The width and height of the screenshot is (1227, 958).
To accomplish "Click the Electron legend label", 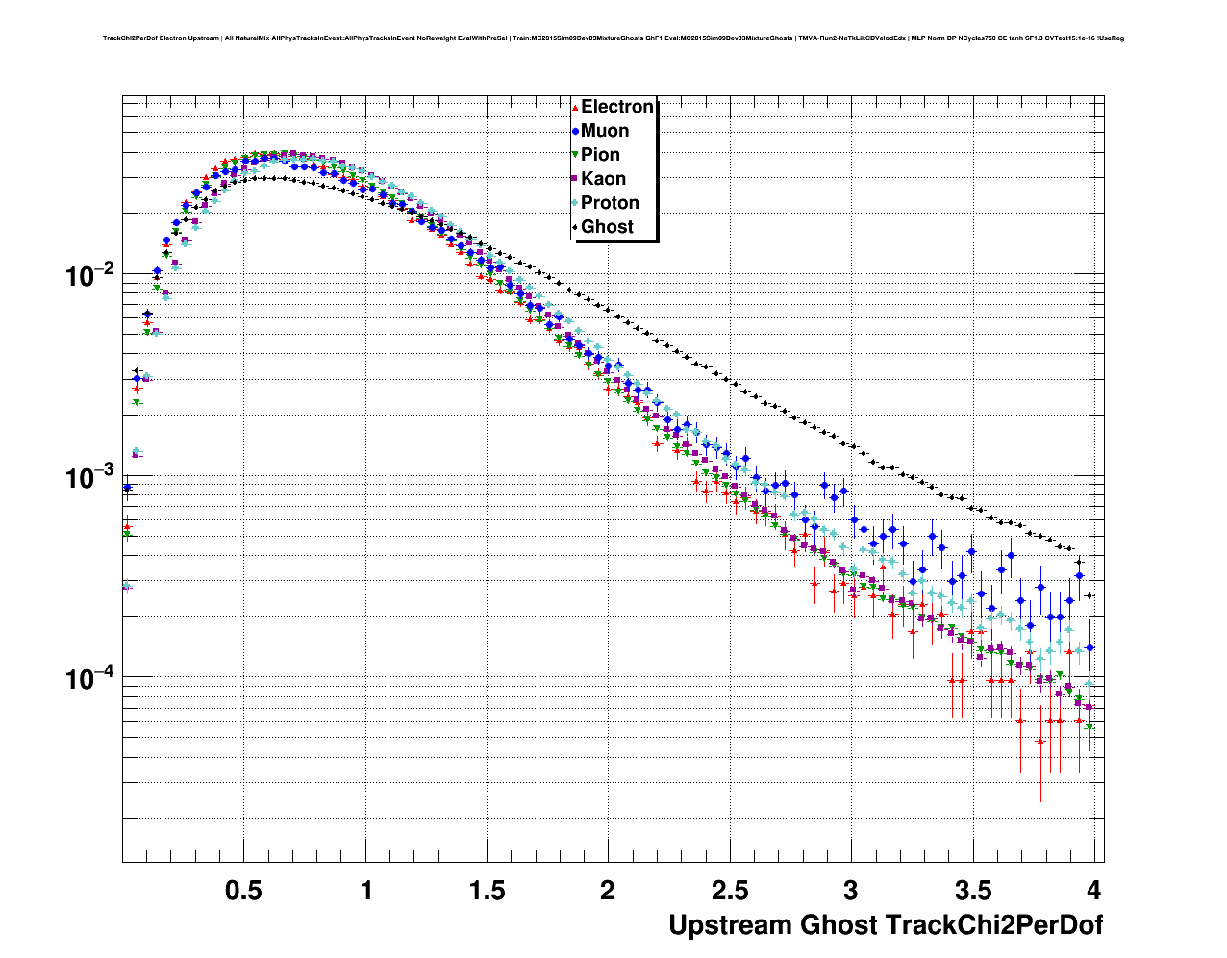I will coord(617,107).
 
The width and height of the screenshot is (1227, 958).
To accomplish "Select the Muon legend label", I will coord(605,131).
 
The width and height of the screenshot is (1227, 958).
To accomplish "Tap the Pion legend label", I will coord(600,155).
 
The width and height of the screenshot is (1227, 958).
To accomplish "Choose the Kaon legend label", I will coord(603,179).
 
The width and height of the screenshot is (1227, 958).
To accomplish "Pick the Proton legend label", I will coord(610,203).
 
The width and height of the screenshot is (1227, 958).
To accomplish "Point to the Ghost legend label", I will coord(607,227).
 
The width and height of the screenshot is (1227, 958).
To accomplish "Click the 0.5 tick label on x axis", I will coord(243,891).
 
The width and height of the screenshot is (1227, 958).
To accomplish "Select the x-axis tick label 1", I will coord(366,891).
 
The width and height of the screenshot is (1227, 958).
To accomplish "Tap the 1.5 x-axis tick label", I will coord(487,891).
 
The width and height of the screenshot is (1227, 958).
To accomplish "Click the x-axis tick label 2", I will coord(608,891).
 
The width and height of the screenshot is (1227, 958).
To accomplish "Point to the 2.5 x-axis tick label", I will coord(729,891).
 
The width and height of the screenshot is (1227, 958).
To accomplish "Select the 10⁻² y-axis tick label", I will coord(89,276).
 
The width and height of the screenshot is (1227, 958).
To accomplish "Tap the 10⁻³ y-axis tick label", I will coord(89,478).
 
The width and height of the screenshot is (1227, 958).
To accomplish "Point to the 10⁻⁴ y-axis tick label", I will coord(89,679).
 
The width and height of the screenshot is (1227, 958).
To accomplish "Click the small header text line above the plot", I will coord(613,38).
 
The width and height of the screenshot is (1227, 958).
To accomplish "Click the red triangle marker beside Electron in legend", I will coord(574,107).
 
